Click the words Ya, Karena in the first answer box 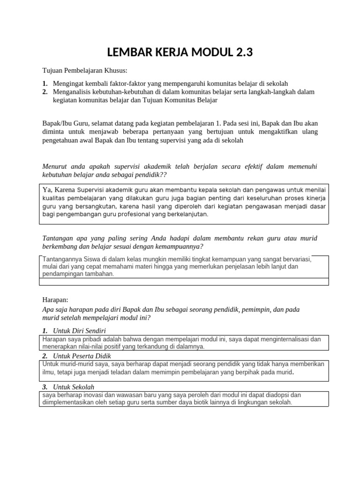tap(59, 190)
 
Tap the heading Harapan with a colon tap(55, 299)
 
